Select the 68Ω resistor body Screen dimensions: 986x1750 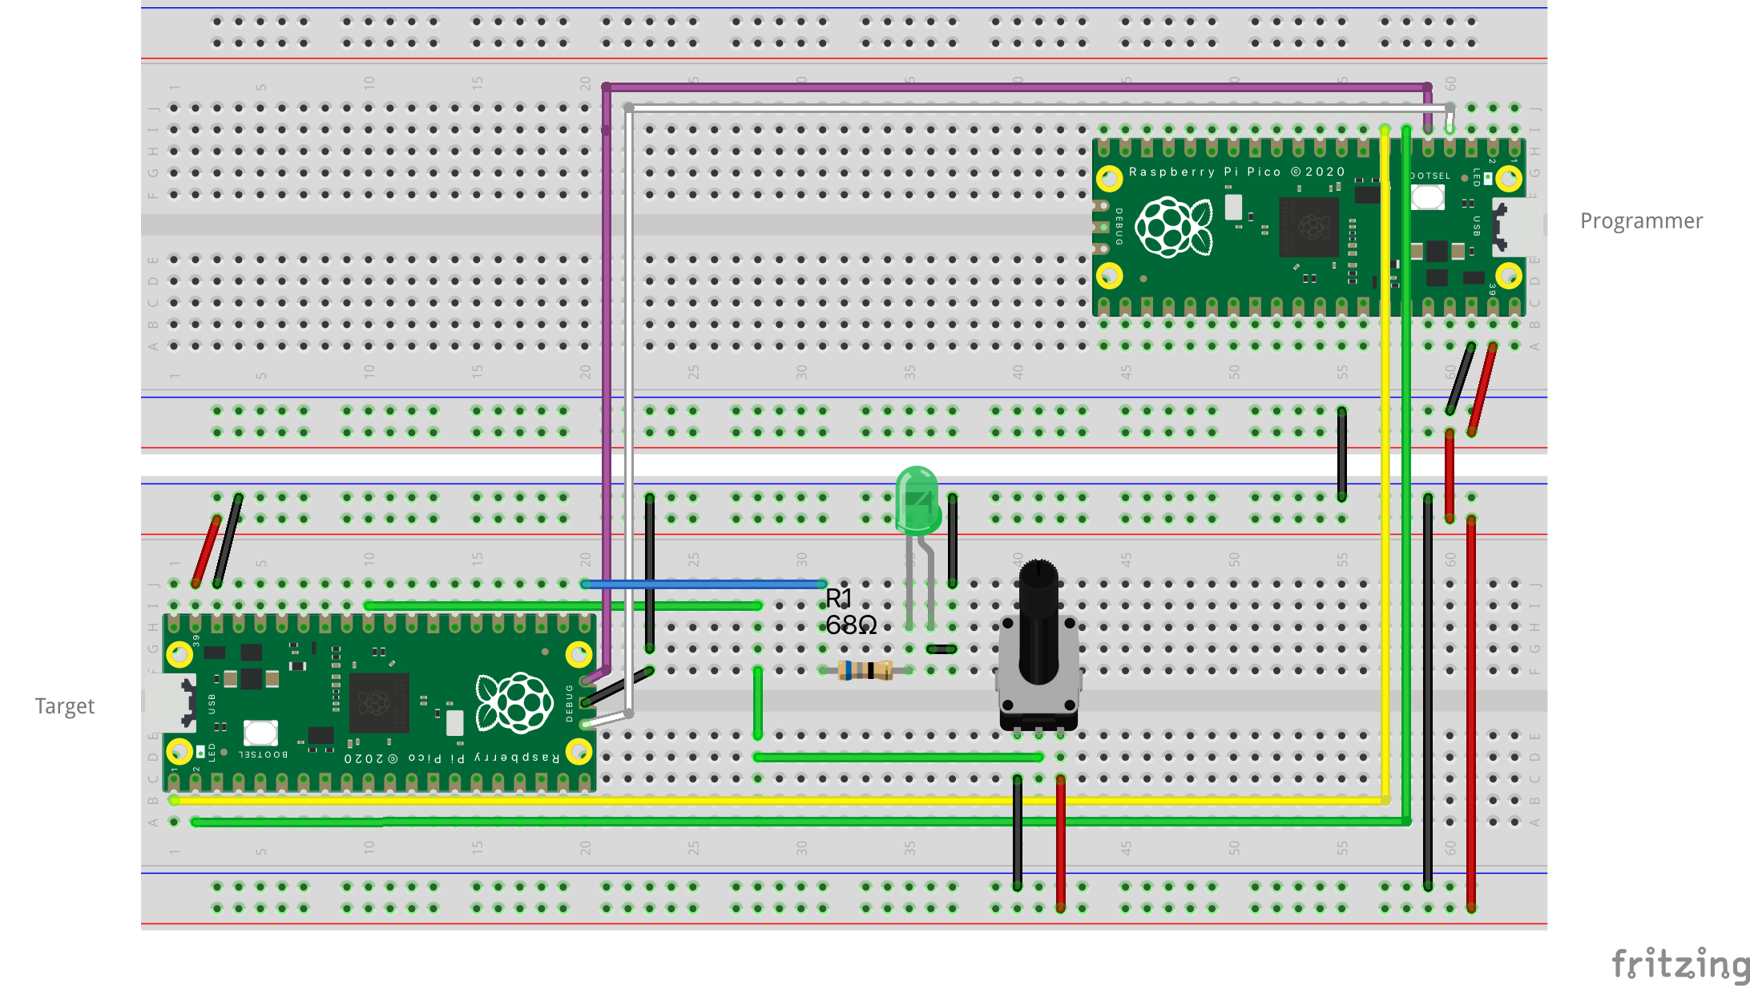pos(865,670)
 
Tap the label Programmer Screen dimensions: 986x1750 pos(1641,221)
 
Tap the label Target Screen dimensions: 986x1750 pos(65,706)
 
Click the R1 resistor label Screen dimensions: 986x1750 pos(839,598)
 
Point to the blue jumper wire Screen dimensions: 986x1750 pos(705,584)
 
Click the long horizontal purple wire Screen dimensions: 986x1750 pos(1018,87)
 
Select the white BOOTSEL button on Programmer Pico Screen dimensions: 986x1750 pos(1427,196)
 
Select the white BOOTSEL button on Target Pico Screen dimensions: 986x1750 pos(260,732)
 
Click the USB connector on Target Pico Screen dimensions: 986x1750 pos(172,702)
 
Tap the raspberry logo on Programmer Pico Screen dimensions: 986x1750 pos(1173,228)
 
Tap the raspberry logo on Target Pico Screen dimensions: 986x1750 pos(514,703)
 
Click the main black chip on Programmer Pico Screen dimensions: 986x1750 pos(1308,227)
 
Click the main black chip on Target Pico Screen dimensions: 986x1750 pos(379,703)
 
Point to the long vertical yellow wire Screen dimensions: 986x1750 pos(1385,481)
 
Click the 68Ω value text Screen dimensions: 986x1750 pos(851,625)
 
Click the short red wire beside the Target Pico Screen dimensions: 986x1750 pos(206,552)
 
